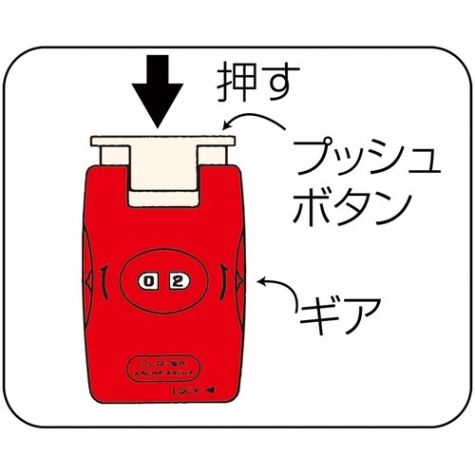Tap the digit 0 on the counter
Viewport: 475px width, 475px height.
tap(147, 280)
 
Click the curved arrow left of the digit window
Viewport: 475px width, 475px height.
tap(104, 281)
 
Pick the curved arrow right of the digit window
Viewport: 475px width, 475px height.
tap(222, 281)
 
